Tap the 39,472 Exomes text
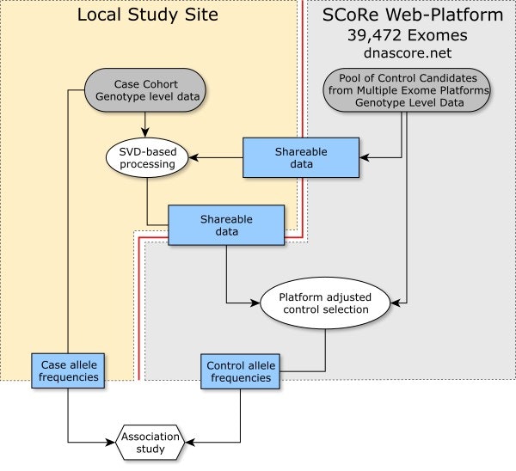(408, 36)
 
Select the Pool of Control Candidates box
(408, 90)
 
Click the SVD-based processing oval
(147, 156)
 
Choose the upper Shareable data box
(300, 156)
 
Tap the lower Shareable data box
(226, 225)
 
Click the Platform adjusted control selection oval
(326, 302)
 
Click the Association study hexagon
(150, 443)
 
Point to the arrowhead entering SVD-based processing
(193, 156)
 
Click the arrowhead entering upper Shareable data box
(362, 156)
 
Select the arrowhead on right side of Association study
(191, 443)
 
